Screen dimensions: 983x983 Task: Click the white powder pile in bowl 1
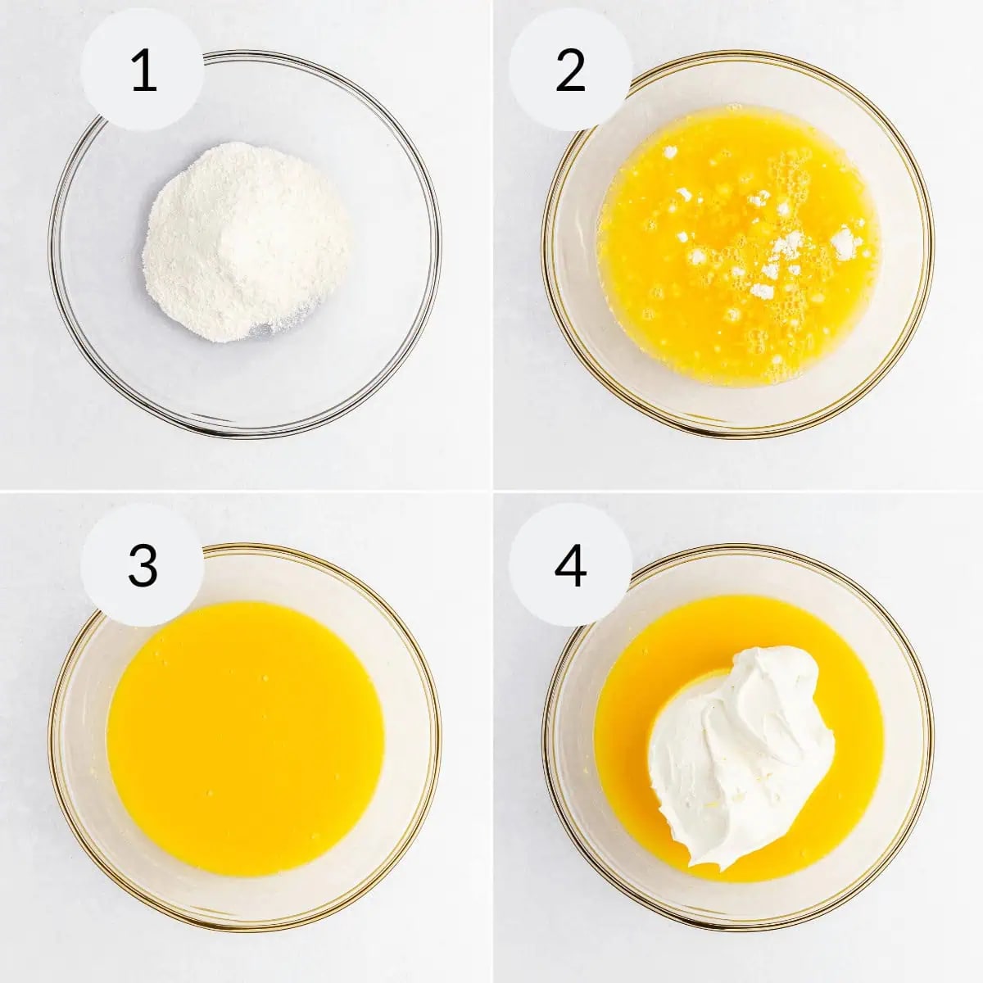pos(246,242)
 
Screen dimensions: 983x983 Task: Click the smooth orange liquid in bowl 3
pos(246,737)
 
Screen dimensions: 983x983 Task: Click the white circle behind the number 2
pos(532,98)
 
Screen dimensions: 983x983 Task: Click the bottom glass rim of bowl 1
pos(246,433)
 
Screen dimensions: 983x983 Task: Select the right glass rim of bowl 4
pos(931,737)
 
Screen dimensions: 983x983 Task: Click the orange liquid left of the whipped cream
pos(623,754)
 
